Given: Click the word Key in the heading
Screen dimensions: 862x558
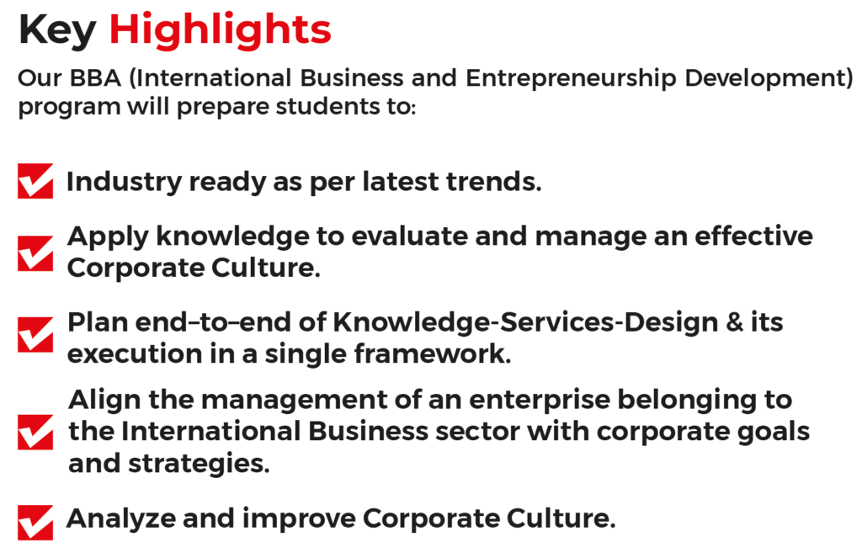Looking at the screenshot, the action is tap(58, 31).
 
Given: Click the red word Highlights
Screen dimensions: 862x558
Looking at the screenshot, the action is tap(220, 31).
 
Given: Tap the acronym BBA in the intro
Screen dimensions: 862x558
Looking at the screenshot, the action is tap(95, 78).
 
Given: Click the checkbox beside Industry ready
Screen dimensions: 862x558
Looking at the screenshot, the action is tap(35, 180).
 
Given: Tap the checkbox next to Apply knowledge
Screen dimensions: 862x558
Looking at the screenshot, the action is tap(35, 253).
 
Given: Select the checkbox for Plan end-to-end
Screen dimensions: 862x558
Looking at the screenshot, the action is tap(35, 334).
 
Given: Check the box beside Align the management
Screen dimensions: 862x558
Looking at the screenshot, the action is tap(35, 432).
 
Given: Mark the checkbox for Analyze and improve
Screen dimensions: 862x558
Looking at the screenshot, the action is tap(35, 523).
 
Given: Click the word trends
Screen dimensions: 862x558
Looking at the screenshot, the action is tap(493, 182).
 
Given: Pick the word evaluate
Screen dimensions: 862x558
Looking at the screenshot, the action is tap(410, 236).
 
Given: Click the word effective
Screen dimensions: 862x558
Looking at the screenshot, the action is tap(753, 236).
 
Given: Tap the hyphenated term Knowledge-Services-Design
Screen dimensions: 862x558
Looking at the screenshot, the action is tap(525, 323).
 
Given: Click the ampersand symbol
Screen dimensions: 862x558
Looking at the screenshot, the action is tap(734, 322).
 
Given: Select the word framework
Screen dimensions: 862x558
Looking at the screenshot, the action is tap(433, 354).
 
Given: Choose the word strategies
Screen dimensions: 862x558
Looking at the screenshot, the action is tap(199, 465).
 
